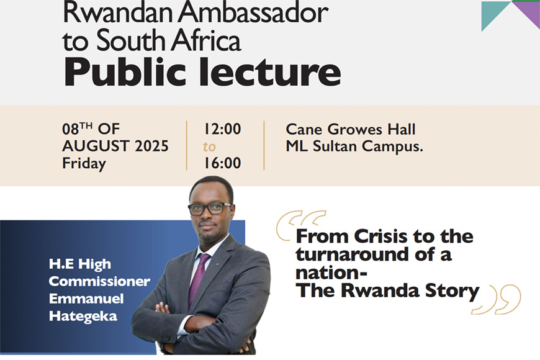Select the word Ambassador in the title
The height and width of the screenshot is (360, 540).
(x=253, y=12)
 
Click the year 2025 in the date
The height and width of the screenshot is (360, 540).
(x=151, y=146)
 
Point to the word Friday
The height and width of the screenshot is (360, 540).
(x=84, y=164)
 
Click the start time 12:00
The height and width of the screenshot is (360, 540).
(x=222, y=129)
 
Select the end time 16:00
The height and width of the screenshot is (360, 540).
(x=222, y=163)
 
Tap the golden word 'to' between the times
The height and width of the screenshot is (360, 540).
(x=209, y=146)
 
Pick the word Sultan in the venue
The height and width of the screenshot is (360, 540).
(x=335, y=146)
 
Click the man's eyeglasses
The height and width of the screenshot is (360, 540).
(x=209, y=208)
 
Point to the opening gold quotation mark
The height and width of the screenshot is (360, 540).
(x=300, y=224)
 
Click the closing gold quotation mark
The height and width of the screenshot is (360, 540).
(x=497, y=299)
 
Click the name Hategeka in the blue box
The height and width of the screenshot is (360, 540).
(x=83, y=317)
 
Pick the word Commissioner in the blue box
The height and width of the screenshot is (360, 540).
(x=99, y=281)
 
